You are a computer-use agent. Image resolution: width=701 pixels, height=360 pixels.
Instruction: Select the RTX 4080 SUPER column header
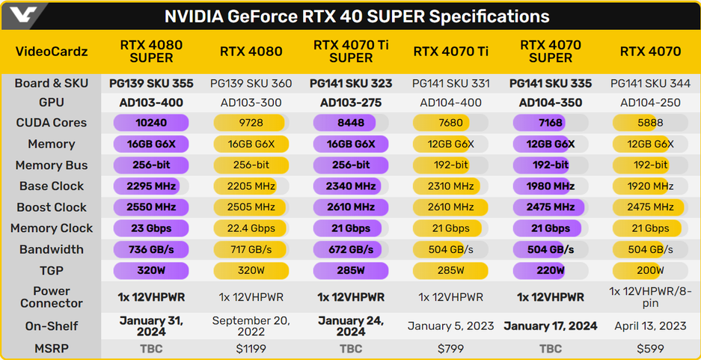point(151,52)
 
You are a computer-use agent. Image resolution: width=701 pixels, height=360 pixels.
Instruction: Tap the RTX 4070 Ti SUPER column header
point(351,52)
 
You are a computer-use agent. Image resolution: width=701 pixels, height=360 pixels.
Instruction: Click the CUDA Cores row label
point(52,123)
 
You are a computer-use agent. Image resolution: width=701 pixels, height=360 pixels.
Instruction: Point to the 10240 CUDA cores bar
point(150,123)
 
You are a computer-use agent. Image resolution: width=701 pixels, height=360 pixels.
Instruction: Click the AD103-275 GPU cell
point(351,103)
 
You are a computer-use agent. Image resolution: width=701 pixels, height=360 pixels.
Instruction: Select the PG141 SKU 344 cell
point(650,84)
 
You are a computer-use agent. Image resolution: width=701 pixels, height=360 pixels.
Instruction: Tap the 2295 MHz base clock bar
point(150,186)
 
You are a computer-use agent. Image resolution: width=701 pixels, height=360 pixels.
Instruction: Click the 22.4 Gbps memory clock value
point(251,228)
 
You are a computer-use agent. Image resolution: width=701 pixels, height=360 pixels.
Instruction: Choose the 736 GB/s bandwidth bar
point(150,249)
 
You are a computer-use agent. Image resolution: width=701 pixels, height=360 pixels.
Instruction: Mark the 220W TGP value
point(550,270)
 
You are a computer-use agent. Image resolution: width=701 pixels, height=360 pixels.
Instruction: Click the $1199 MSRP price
point(251,349)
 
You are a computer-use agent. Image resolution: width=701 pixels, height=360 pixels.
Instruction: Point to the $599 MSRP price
point(650,349)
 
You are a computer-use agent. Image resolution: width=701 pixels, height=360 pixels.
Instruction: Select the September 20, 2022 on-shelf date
point(251,326)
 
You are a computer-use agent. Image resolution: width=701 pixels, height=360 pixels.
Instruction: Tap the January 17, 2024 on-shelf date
point(550,326)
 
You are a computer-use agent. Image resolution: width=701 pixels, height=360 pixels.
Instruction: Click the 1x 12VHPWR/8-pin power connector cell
point(650,297)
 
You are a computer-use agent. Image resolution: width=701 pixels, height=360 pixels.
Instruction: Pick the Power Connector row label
point(52,297)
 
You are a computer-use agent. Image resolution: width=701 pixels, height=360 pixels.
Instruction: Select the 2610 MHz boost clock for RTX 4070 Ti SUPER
point(351,207)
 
